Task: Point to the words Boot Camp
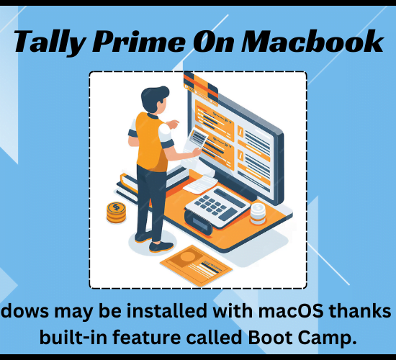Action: tap(302, 337)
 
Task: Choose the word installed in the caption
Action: tap(167, 310)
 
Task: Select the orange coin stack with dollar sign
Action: tap(116, 212)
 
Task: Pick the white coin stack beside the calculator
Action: tap(258, 214)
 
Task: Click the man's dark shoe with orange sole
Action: tap(161, 246)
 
